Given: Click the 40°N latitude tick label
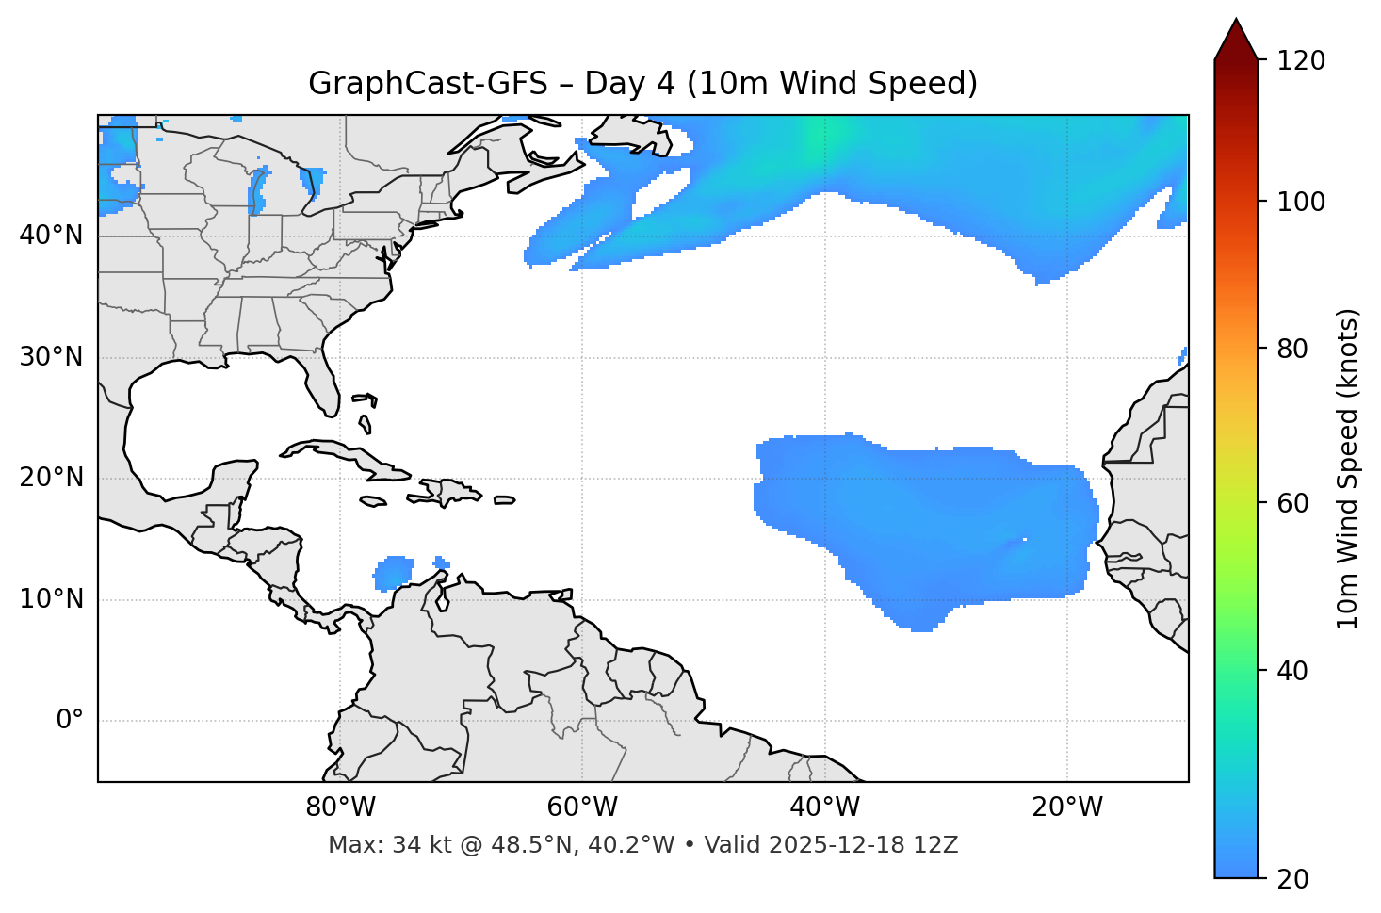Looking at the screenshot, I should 51,236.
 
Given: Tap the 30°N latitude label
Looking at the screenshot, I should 51,357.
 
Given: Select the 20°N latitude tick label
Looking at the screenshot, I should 51,478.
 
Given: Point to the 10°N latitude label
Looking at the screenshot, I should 51,599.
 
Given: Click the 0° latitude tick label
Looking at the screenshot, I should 70,721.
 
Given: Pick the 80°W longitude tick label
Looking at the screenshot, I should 340,807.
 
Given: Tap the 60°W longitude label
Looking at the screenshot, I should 582,807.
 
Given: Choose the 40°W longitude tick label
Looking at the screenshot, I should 824,807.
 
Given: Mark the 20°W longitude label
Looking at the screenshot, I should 1067,807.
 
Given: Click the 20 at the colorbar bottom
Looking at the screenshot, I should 1292,879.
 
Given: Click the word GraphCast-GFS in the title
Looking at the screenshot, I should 428,84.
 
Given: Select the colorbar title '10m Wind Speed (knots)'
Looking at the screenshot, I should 1348,468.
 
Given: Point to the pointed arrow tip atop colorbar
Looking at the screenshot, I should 1236,21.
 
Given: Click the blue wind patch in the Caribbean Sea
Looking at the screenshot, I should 394,572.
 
